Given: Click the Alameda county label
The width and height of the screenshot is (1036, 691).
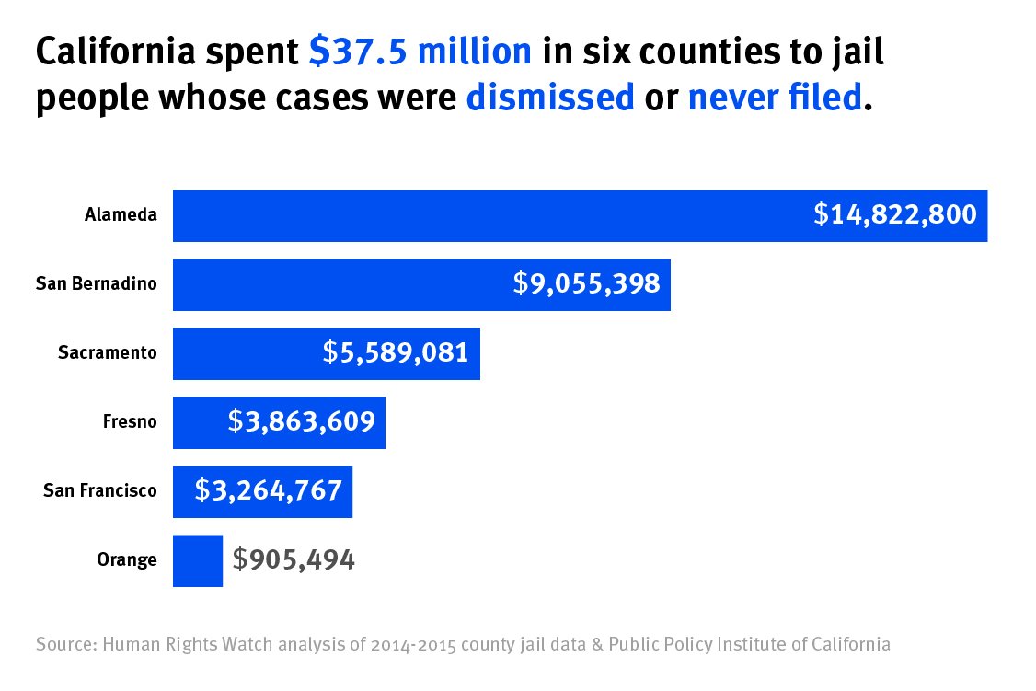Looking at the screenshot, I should [x=121, y=215].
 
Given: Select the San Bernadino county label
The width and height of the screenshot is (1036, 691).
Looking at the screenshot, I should [x=97, y=283].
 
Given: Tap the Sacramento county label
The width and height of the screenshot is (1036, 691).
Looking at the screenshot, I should [x=108, y=352].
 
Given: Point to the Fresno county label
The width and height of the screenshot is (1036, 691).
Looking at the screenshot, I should [x=130, y=421].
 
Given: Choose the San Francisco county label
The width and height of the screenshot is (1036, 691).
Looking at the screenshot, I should [x=100, y=490].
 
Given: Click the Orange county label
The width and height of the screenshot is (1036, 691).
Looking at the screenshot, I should [x=127, y=559].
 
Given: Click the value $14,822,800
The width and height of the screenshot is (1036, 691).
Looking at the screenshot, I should [x=894, y=215].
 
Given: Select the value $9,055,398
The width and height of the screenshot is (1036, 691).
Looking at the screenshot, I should [x=587, y=283].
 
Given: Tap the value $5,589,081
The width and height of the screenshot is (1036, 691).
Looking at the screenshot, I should [x=396, y=352].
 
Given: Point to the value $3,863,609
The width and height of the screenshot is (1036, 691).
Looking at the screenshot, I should [x=302, y=421].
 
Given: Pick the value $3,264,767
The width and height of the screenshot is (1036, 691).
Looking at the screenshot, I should [x=269, y=490].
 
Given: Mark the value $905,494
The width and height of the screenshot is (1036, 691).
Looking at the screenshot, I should [x=294, y=559].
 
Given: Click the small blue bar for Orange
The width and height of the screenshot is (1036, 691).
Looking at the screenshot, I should [x=198, y=560].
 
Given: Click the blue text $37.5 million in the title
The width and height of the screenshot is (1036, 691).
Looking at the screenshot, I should [x=420, y=52].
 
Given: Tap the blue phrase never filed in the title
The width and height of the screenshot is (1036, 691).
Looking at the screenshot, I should [x=775, y=97].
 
